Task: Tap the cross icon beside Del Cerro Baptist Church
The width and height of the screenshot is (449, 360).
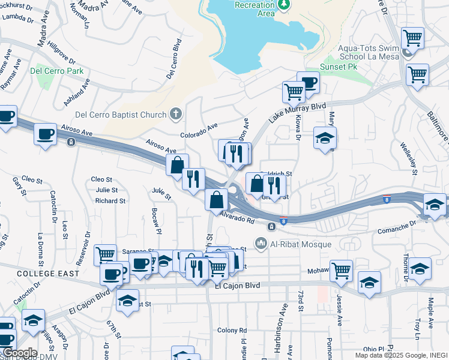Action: [176, 113]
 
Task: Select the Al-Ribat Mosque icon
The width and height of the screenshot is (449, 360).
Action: [261, 243]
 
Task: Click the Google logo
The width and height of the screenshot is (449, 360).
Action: [19, 353]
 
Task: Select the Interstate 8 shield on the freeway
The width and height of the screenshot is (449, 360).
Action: [283, 221]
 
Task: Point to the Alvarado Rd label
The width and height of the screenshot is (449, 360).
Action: [237, 219]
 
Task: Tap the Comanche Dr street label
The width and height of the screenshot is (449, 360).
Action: [397, 227]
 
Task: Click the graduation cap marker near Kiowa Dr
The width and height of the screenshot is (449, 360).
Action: [325, 138]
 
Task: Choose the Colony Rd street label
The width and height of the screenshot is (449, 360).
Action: [228, 330]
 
